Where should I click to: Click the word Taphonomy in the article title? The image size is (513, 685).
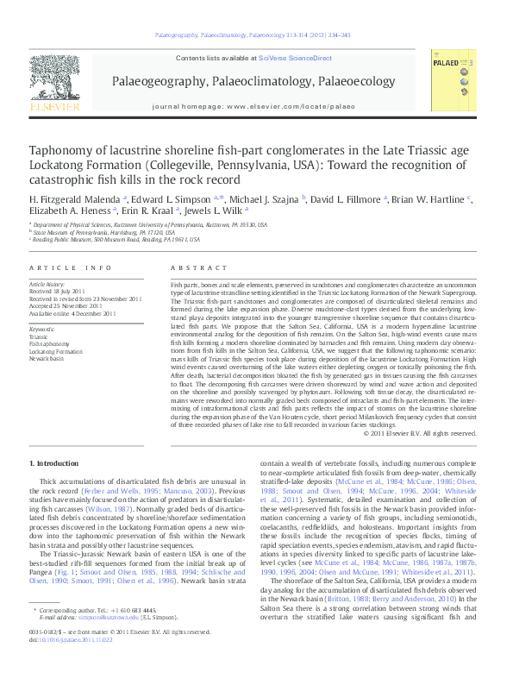click(63, 149)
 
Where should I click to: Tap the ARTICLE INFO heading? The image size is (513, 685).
click(71, 268)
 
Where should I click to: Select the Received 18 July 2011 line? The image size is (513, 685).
click(59, 291)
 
